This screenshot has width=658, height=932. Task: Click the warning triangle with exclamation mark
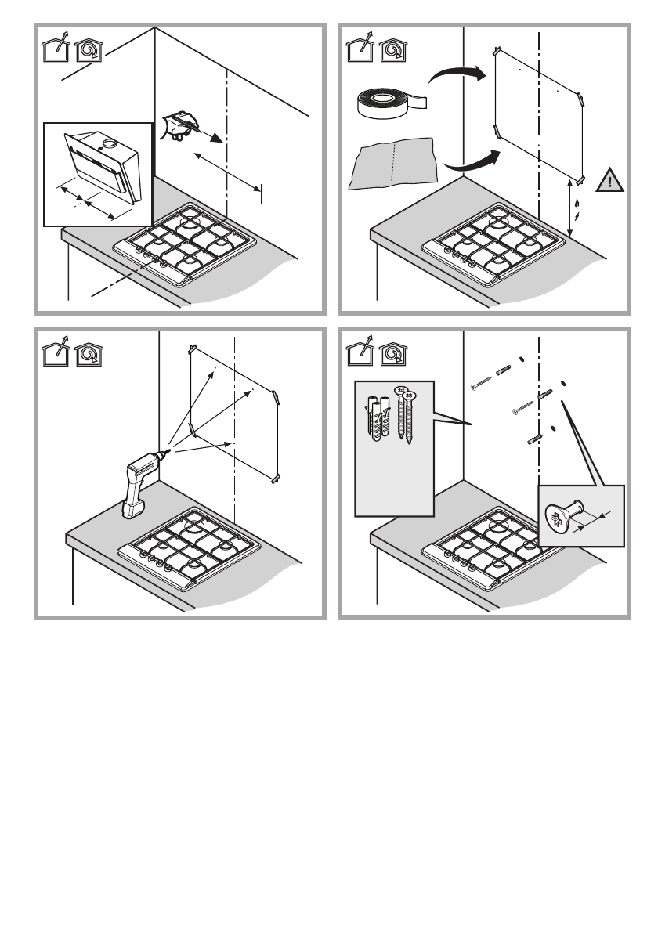[607, 182]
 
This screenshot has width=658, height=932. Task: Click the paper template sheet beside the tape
[392, 162]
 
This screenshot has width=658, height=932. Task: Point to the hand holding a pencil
[179, 125]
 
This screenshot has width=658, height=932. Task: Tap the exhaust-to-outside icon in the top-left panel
[54, 50]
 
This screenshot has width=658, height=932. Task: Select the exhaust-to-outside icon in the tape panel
[360, 50]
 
